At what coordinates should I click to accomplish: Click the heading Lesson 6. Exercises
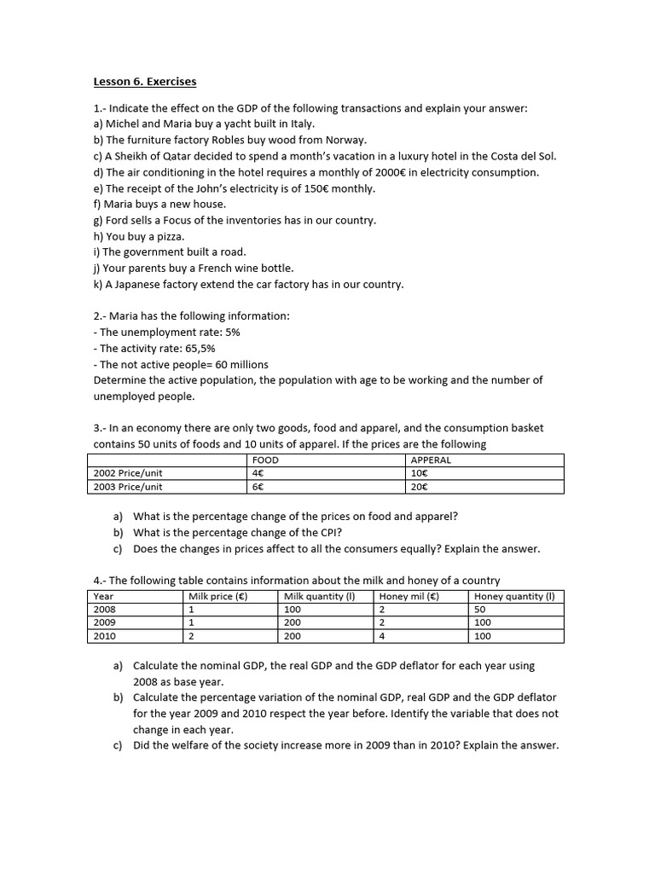[x=144, y=82]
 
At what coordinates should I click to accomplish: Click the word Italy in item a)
[x=299, y=124]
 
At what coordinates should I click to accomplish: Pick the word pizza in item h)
[x=170, y=236]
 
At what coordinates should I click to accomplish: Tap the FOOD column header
[x=265, y=460]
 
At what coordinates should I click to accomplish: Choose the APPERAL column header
[x=431, y=460]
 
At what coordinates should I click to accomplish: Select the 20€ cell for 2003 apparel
[x=419, y=487]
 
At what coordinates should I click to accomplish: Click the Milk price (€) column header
[x=217, y=597]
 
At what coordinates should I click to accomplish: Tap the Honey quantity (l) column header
[x=513, y=597]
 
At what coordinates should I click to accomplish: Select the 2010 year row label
[x=105, y=636]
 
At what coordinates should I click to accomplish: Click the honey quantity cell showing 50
[x=479, y=610]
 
